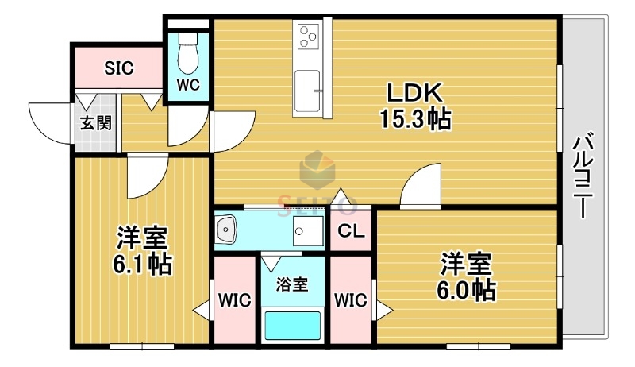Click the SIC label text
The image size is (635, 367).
point(119,68)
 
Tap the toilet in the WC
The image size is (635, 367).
point(188,54)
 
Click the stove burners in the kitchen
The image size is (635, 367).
point(307,35)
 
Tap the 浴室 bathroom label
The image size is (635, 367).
point(293,284)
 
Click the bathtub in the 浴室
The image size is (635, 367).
point(292,325)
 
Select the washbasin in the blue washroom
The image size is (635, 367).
point(229,230)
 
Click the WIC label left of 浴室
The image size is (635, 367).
point(235,300)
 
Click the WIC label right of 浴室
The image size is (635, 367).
point(350,300)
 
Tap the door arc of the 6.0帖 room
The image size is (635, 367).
point(420,187)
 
